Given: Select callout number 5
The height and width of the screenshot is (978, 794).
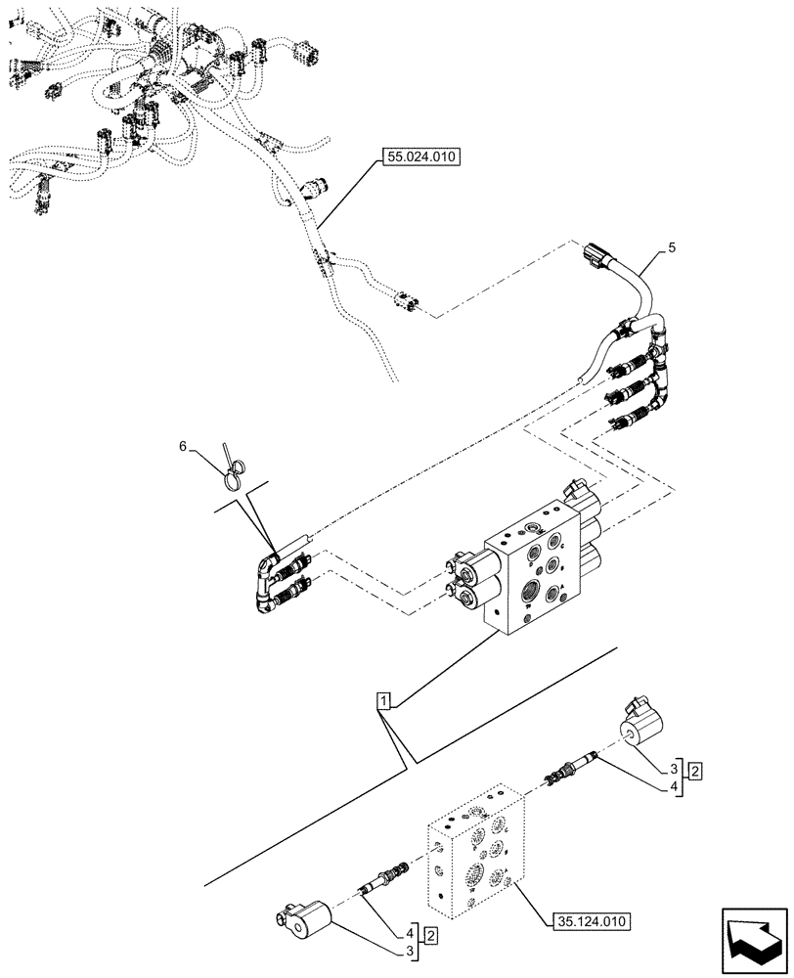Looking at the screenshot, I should coord(673,250).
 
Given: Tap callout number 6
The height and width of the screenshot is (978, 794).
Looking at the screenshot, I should coord(182,446).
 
